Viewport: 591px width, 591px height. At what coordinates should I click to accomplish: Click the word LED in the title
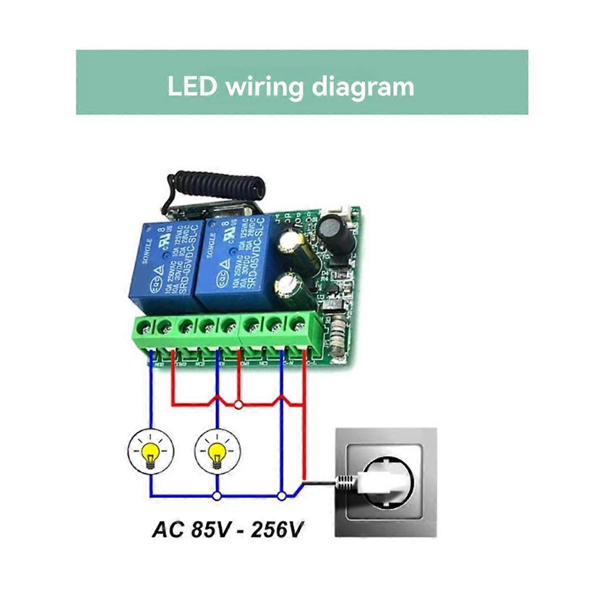[192, 86]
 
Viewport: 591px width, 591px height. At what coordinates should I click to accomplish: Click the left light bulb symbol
[151, 452]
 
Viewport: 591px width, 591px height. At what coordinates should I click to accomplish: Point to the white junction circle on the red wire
[239, 405]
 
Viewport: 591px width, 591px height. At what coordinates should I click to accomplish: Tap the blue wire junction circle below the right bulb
[216, 496]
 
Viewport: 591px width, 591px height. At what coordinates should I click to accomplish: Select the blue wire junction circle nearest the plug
[281, 496]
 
